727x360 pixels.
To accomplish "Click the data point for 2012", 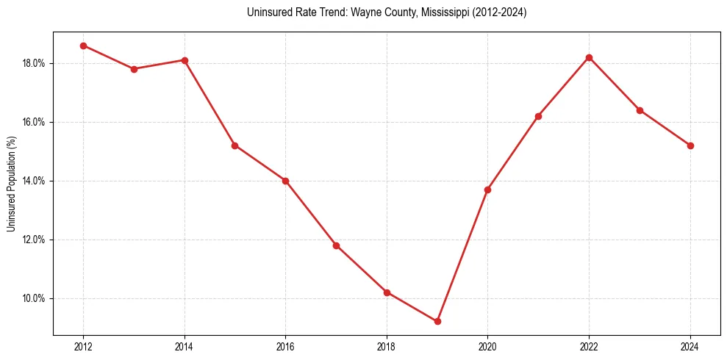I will [x=83, y=46].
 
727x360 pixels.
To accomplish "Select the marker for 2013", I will [x=134, y=69].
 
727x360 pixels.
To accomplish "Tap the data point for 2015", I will [x=234, y=145].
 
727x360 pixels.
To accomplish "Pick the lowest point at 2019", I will [x=437, y=321].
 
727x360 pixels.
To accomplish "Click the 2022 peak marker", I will [x=589, y=57].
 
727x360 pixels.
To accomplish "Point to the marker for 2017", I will [x=336, y=245].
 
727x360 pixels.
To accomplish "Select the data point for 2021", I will [x=538, y=116].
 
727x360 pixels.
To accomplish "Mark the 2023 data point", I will [x=640, y=110].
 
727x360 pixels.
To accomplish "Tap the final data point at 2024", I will [x=690, y=145].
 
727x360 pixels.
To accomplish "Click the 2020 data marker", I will [x=487, y=190].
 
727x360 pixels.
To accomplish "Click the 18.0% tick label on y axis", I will [x=35, y=63].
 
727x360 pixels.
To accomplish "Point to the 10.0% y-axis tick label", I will [x=35, y=298].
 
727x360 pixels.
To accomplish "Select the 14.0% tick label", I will [x=35, y=181].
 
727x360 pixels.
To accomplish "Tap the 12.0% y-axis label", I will [x=35, y=240].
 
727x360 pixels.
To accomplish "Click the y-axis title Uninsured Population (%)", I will [x=12, y=184].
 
